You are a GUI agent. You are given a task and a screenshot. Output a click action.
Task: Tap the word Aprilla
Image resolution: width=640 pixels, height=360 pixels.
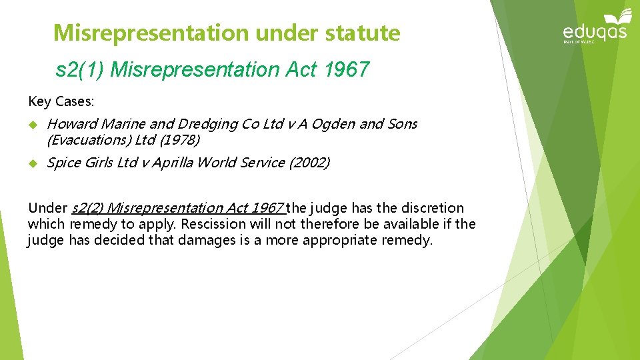[175, 162]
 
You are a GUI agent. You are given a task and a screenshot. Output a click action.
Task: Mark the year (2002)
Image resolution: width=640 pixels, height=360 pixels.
[310, 162]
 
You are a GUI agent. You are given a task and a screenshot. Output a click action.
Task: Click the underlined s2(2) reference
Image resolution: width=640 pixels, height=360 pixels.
[88, 208]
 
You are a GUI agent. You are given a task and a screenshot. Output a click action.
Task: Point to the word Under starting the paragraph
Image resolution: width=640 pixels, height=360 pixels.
[47, 208]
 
